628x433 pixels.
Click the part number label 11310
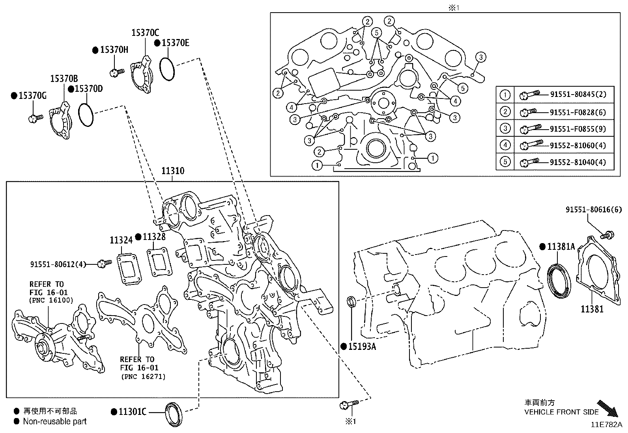[x=173, y=171]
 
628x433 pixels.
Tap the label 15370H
[x=114, y=50]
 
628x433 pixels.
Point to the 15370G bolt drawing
[x=35, y=117]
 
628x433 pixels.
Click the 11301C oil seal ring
[x=174, y=413]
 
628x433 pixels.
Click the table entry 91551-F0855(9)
[x=578, y=129]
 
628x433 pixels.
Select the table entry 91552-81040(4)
[x=578, y=162]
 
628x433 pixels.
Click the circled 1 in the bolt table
[x=505, y=95]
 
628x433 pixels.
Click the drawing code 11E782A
[x=606, y=425]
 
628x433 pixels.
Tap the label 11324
[x=121, y=240]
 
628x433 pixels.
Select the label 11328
[x=154, y=236]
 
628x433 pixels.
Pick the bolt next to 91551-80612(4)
[x=105, y=263]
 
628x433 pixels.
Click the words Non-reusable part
[x=55, y=422]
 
